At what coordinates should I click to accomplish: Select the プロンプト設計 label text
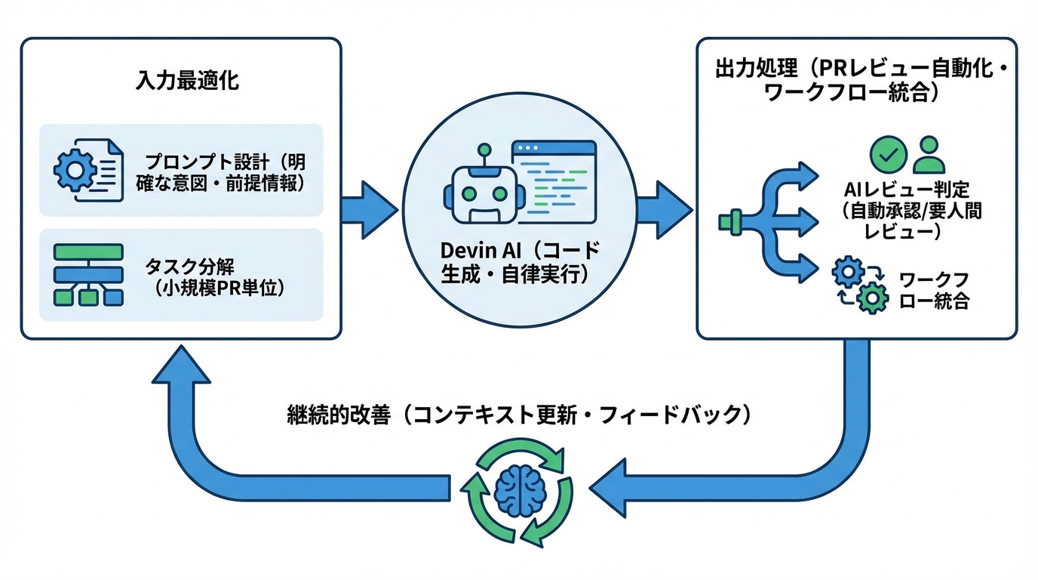click(x=226, y=173)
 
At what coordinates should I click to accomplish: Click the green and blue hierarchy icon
click(x=88, y=275)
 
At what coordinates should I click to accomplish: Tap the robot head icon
click(x=478, y=192)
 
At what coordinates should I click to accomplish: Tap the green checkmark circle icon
click(x=888, y=154)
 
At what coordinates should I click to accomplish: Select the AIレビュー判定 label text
click(x=912, y=211)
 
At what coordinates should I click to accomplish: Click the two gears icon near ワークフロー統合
click(x=859, y=285)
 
